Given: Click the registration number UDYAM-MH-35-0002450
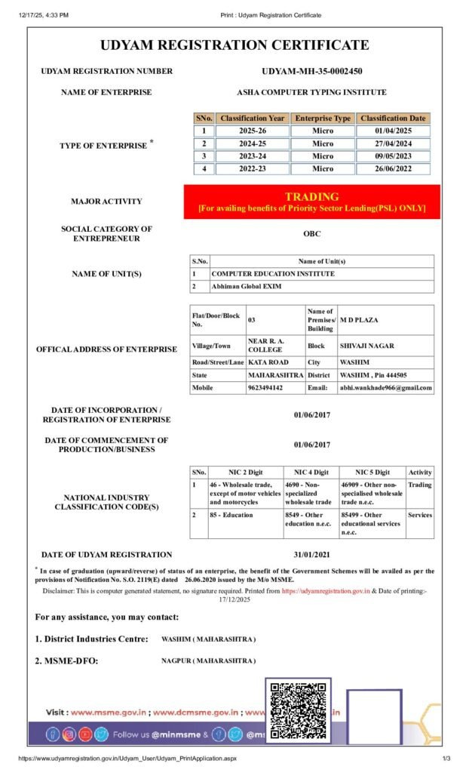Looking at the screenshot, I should pos(311,71).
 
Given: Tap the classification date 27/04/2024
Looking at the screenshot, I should pos(393,143).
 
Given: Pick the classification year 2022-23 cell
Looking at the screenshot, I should pos(251,168).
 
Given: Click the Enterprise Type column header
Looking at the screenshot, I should pos(322,119).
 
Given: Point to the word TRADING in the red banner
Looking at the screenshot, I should pos(311,196).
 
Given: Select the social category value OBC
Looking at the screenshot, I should pos(311,233).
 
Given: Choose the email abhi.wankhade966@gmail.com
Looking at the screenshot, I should pos(385,388).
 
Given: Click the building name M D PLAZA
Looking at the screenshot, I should pos(359,320).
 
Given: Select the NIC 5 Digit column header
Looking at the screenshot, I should pos(372,472).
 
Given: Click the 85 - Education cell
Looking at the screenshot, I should pos(232,515).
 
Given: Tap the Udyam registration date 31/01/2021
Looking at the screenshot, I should pos(311,554).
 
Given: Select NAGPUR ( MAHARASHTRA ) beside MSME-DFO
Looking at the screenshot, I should pos(208,661).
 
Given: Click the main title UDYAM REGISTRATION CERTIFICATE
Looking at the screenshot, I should pos(234,45).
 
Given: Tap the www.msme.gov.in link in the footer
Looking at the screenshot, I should pos(104,712).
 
